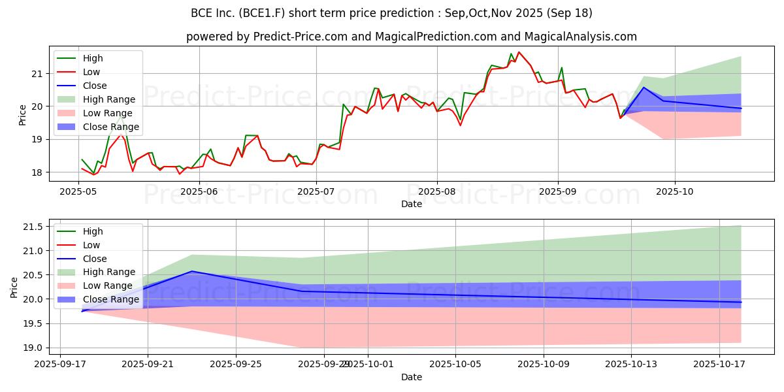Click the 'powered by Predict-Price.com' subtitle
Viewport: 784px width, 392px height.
tap(411, 37)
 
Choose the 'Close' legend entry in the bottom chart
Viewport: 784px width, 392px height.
tap(95, 259)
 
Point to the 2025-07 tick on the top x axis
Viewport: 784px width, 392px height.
tap(317, 191)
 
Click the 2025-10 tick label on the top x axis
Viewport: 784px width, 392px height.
tap(674, 191)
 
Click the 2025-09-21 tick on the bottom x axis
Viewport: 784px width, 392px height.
tap(148, 365)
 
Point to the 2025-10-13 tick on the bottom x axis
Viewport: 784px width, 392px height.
tap(631, 365)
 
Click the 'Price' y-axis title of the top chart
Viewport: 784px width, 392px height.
tap(22, 114)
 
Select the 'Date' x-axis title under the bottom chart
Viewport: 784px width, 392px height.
tap(411, 377)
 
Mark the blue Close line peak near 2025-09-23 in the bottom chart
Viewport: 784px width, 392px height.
tap(191, 271)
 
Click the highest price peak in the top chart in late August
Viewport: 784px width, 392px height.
tap(519, 52)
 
